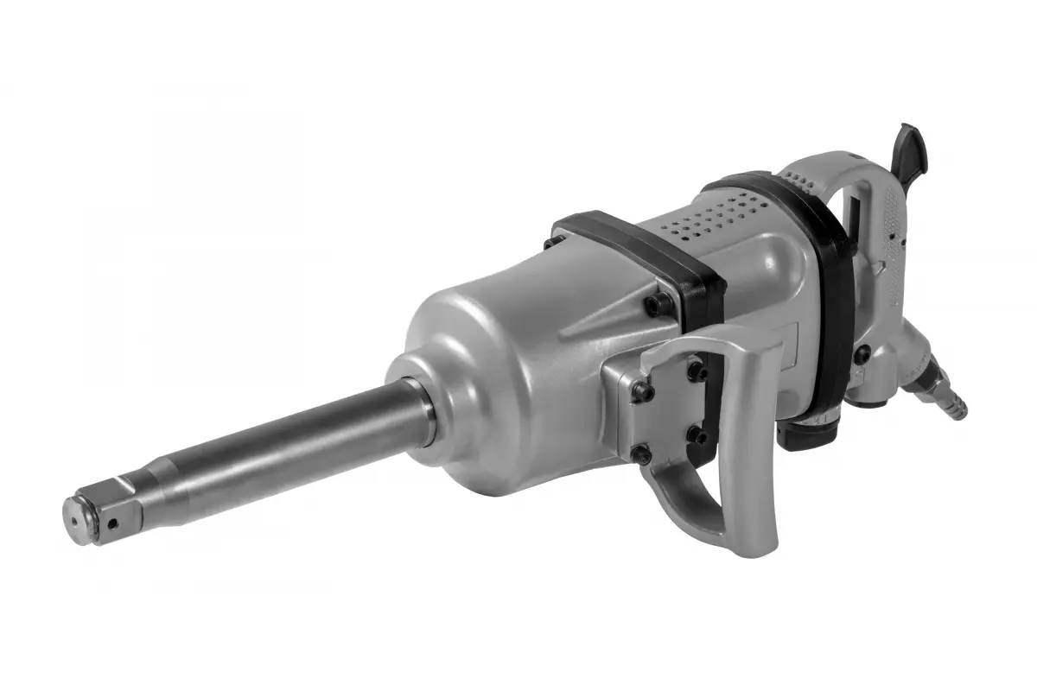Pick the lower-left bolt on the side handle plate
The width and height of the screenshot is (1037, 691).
640,452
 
